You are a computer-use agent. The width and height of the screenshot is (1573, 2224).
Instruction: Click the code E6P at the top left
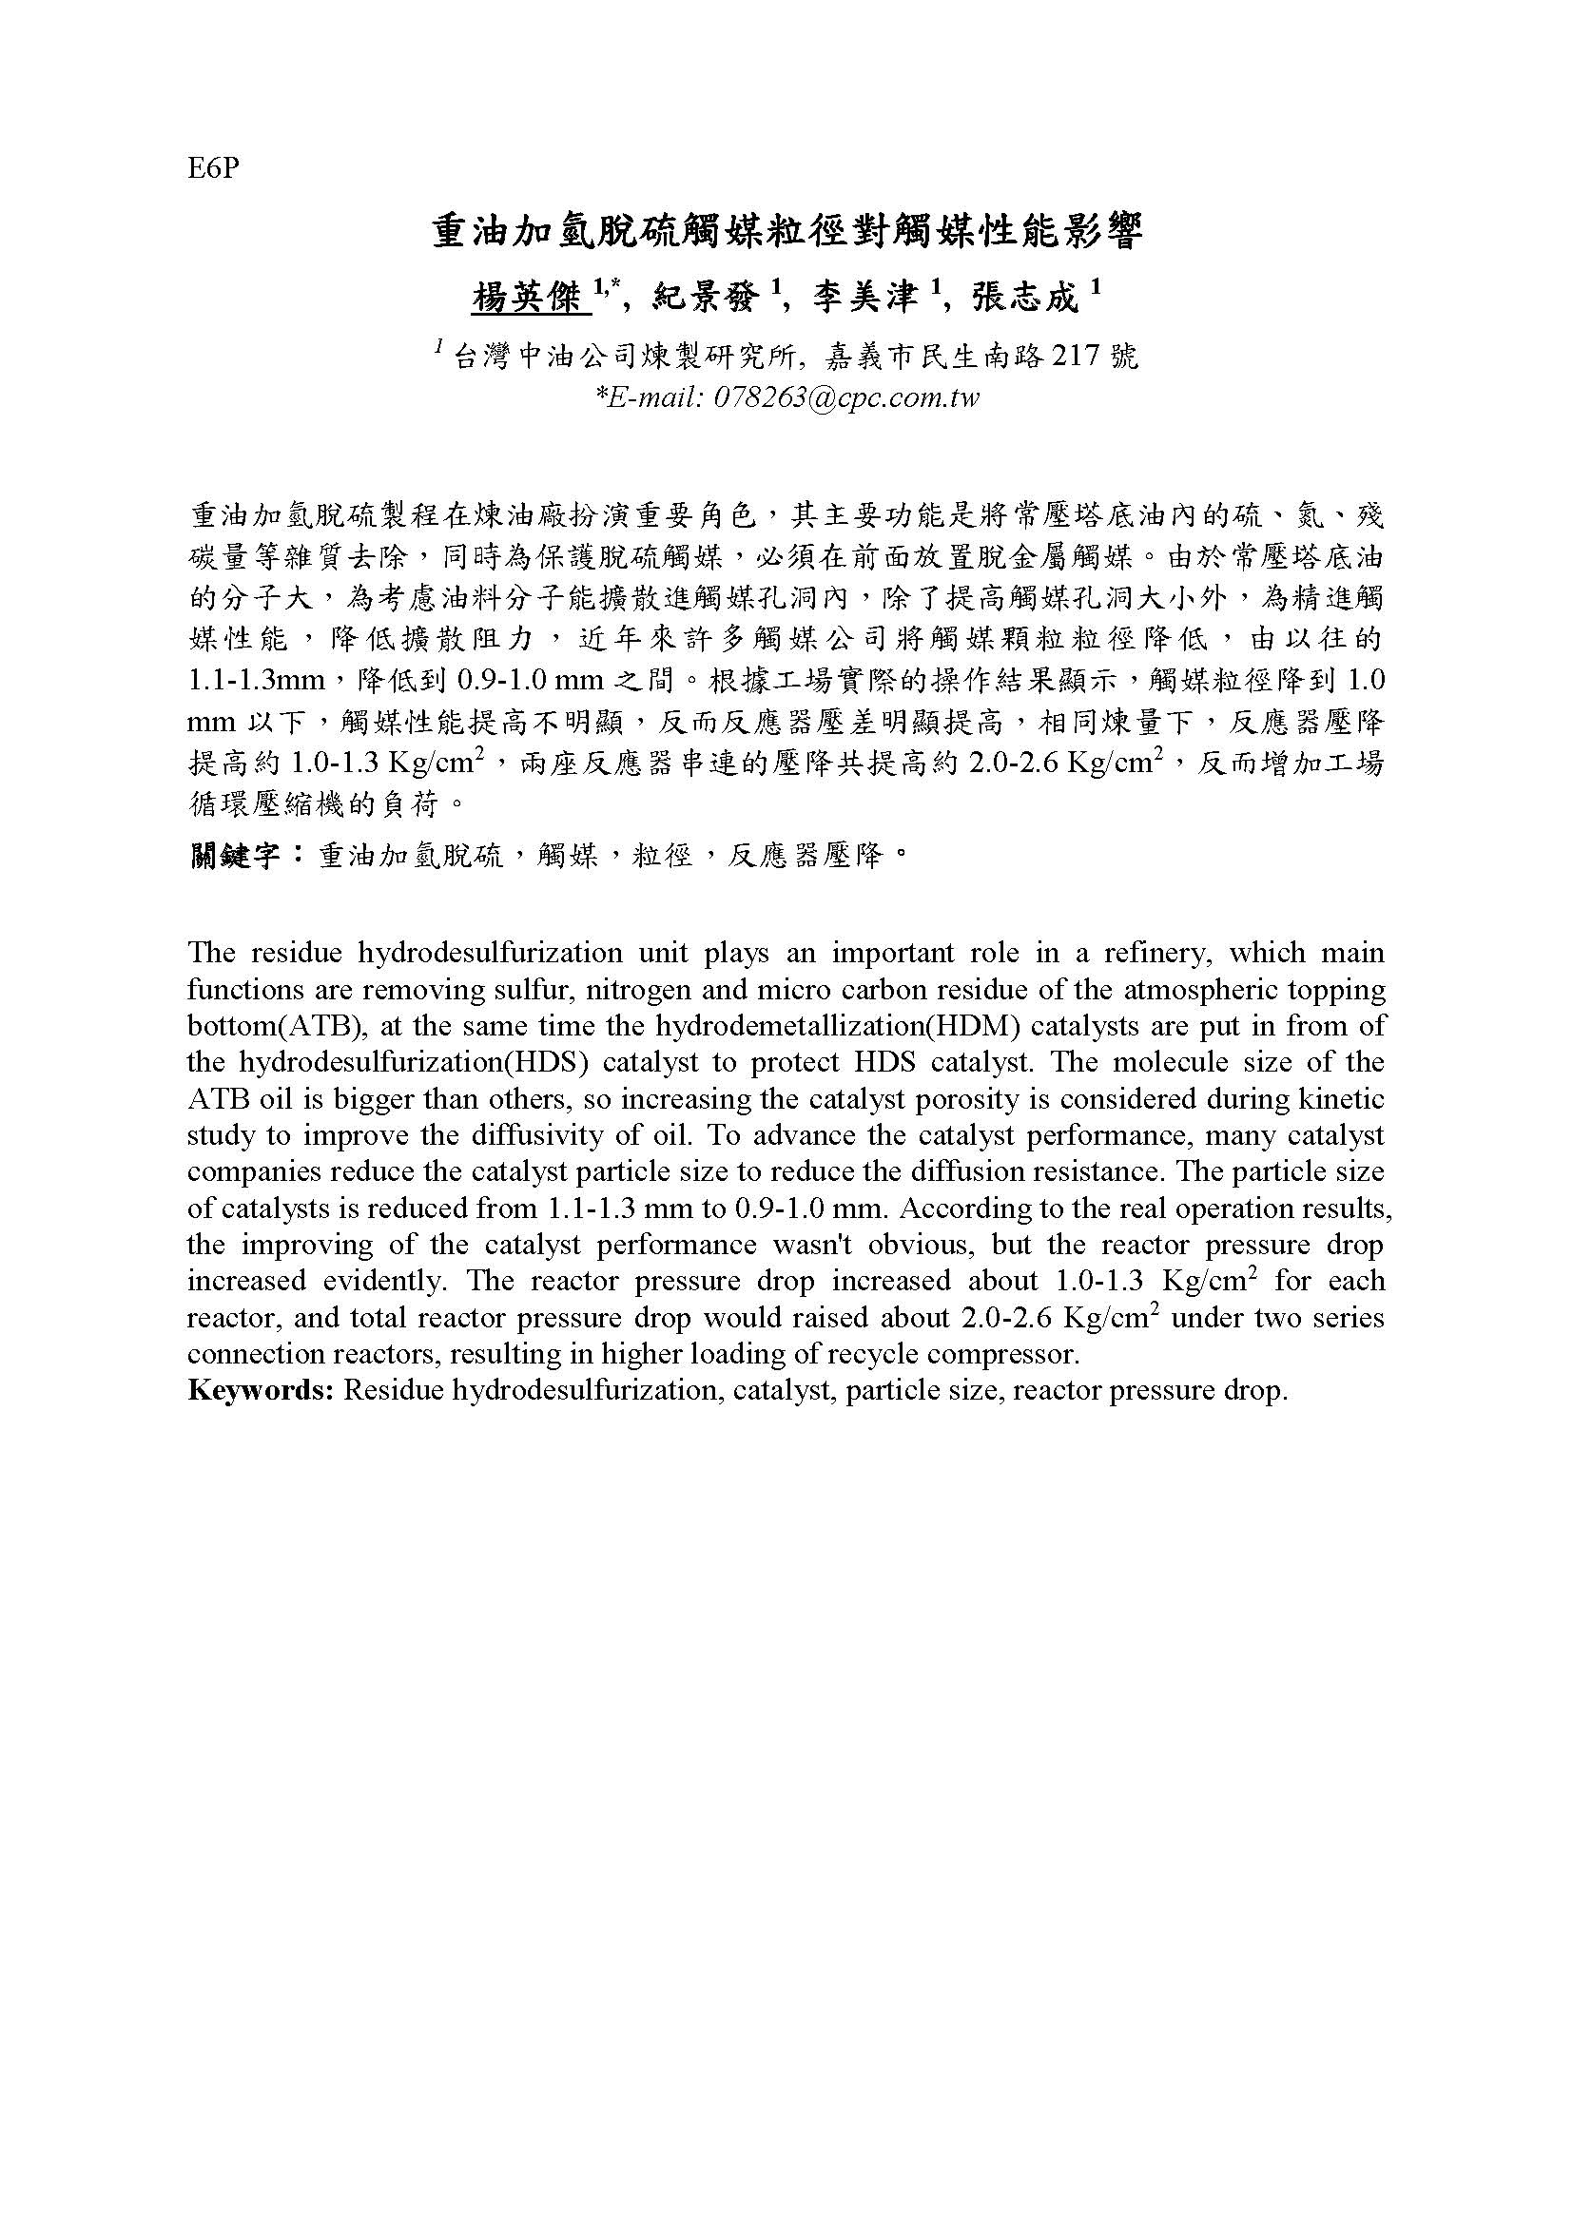click(x=213, y=169)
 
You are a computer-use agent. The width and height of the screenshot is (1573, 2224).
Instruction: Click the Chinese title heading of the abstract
click(x=786, y=235)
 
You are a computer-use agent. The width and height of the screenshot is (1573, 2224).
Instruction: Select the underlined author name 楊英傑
click(x=531, y=298)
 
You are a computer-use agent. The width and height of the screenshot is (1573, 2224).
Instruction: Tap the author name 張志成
click(x=1024, y=298)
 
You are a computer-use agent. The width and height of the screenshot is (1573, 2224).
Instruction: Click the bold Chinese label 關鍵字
click(x=234, y=857)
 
